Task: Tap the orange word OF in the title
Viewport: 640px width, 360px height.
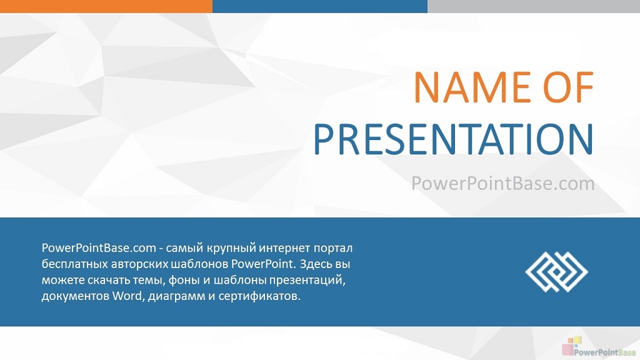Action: [568, 87]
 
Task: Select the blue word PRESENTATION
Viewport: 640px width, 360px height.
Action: [454, 139]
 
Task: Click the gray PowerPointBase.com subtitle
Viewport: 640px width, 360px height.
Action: [503, 183]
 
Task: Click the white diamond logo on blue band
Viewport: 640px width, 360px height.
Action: [556, 272]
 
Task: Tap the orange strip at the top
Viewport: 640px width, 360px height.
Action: [106, 6]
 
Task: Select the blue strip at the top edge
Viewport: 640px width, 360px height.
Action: [320, 6]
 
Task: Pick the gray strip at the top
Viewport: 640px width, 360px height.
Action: [534, 6]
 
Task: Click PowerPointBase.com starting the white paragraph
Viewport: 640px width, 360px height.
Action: [99, 247]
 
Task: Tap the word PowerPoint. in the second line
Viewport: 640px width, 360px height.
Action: [263, 264]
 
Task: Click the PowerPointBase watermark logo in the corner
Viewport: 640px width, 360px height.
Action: [599, 347]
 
